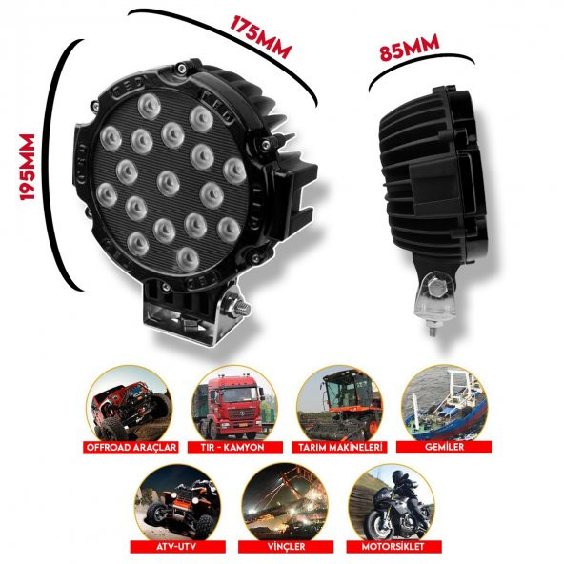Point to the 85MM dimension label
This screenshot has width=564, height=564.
point(409,48)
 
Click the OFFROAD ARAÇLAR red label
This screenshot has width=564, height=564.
point(131,445)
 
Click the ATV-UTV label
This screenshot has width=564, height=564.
point(180,546)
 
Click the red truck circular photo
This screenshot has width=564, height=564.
point(233,404)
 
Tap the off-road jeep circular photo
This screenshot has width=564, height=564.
point(131,404)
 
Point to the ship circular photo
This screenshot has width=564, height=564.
point(442,404)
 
